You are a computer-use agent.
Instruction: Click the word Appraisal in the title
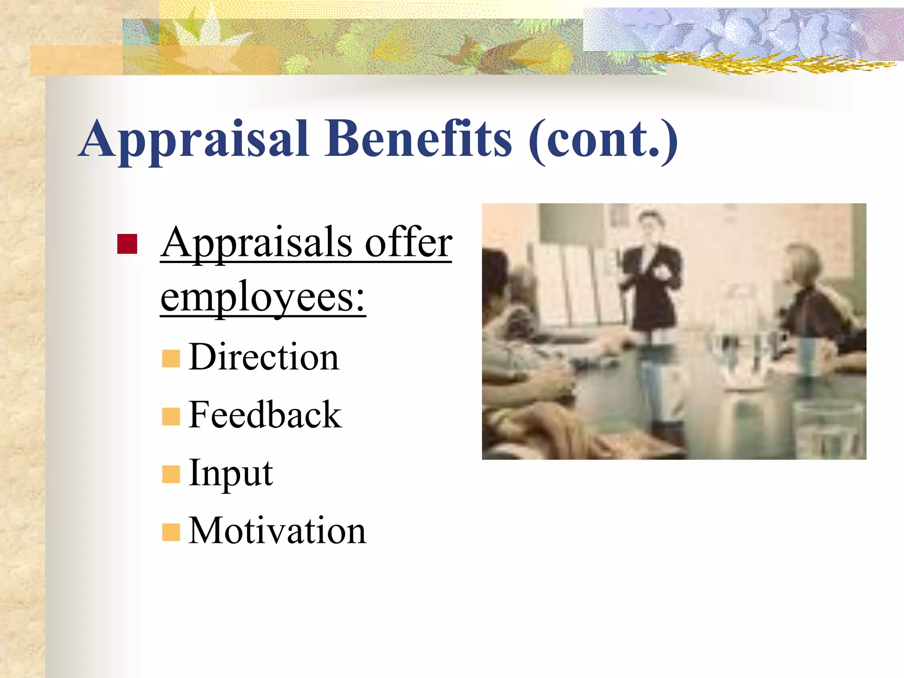[x=194, y=140]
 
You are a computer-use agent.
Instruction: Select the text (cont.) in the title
[x=603, y=140]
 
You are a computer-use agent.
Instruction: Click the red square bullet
[x=127, y=244]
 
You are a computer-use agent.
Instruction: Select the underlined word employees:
[x=263, y=298]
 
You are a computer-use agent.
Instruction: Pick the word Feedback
[x=265, y=415]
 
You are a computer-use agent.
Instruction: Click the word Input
[x=230, y=473]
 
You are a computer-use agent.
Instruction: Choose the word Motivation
[x=277, y=531]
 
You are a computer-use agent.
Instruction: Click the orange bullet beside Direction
[x=171, y=358]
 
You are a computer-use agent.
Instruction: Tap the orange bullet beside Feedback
[x=171, y=416]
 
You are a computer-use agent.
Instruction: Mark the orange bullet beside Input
[x=171, y=475]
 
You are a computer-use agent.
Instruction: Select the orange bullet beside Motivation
[x=171, y=532]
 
